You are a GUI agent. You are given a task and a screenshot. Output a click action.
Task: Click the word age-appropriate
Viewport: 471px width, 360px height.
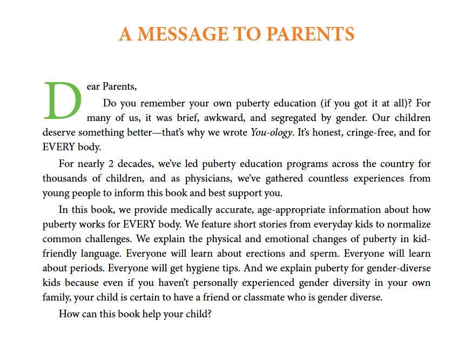280,210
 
